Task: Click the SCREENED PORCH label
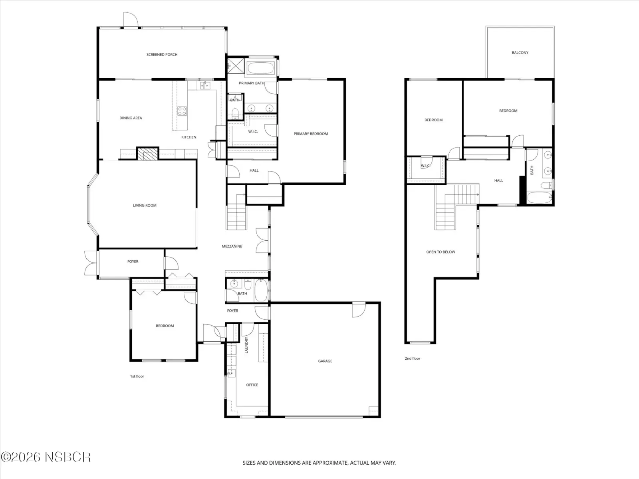[x=162, y=54]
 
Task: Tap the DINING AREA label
[x=131, y=118]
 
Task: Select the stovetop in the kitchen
[x=182, y=111]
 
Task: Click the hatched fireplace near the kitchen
[x=148, y=154]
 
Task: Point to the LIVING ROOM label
[x=145, y=205]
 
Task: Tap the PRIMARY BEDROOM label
[x=311, y=134]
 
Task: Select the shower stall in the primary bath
[x=236, y=66]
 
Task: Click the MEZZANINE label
[x=232, y=246]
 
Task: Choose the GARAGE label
[x=325, y=361]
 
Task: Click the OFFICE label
[x=252, y=385]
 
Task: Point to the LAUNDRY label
[x=246, y=345]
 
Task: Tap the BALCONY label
[x=520, y=53]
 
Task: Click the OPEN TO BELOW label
[x=441, y=252]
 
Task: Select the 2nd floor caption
[x=413, y=358]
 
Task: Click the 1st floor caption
[x=137, y=376]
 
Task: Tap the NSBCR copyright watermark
[x=46, y=457]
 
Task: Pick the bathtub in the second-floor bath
[x=540, y=198]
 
